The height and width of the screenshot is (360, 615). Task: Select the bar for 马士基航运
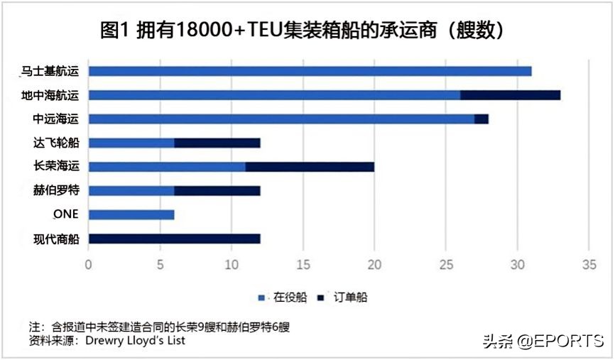coord(310,71)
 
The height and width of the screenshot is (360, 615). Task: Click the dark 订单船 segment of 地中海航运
coord(510,95)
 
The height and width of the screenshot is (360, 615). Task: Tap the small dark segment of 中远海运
coord(481,119)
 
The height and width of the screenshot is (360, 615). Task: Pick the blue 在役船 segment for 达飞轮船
coord(131,143)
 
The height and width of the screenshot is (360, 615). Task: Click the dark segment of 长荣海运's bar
coord(310,167)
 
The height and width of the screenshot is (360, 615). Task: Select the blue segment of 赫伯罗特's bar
coord(131,190)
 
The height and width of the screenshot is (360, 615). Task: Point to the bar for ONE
coord(131,214)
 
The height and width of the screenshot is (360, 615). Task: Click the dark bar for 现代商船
coord(175,239)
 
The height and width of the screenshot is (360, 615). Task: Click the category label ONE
coord(65,214)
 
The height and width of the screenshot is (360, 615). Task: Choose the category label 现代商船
coord(55,239)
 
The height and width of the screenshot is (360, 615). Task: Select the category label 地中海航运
coord(50,95)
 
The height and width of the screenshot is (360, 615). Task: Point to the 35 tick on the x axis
coord(588,266)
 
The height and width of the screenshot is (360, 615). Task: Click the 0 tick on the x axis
coord(89,266)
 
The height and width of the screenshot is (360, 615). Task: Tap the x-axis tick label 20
coord(374,266)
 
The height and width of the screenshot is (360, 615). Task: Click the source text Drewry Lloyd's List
coord(136,340)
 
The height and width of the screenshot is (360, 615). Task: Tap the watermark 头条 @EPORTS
coord(543,341)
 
